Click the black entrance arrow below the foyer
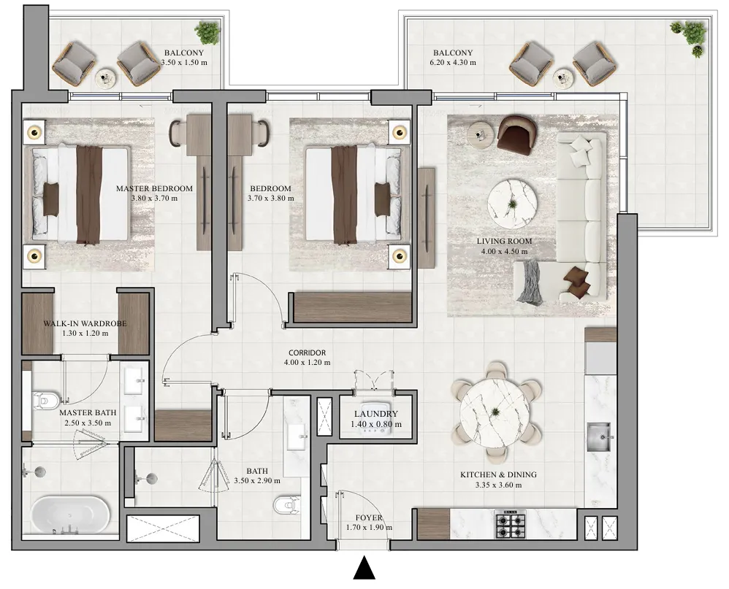click(363, 568)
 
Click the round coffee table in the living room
click(514, 199)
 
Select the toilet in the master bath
click(45, 400)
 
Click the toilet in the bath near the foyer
click(286, 504)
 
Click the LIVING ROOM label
click(504, 241)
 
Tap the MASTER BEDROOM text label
click(154, 188)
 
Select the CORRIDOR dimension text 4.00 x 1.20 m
click(307, 362)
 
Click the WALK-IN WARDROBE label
click(75, 323)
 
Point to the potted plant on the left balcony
click(207, 33)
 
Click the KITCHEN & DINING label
click(498, 474)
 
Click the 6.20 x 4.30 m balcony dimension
click(453, 63)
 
